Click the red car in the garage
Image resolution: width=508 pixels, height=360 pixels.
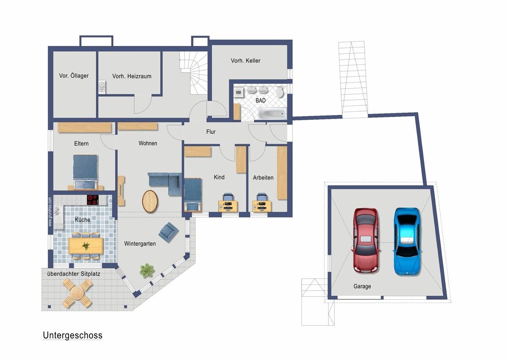pyautogui.click(x=366, y=240)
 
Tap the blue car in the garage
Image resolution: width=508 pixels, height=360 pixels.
pyautogui.click(x=407, y=241)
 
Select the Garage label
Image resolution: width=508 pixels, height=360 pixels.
pyautogui.click(x=362, y=286)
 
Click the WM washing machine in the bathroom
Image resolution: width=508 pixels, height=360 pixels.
pyautogui.click(x=239, y=93)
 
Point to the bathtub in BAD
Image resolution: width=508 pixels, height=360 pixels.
pyautogui.click(x=272, y=113)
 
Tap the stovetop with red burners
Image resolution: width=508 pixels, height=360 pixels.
pyautogui.click(x=93, y=200)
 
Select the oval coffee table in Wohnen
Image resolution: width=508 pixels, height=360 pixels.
pyautogui.click(x=150, y=201)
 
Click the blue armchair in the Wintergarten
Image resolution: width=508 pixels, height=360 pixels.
pyautogui.click(x=168, y=232)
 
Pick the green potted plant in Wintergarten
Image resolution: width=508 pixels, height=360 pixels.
pyautogui.click(x=147, y=270)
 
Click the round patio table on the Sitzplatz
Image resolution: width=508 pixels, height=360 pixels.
pyautogui.click(x=77, y=293)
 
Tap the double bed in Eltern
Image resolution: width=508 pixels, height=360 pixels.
pyautogui.click(x=85, y=172)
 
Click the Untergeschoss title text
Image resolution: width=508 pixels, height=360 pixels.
pyautogui.click(x=72, y=335)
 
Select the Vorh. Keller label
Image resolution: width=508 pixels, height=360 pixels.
pyautogui.click(x=246, y=61)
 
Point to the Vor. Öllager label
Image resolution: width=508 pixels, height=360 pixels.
pyautogui.click(x=74, y=75)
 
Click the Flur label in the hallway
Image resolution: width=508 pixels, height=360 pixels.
pyautogui.click(x=211, y=132)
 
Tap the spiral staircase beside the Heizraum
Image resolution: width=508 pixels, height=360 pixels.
pyautogui.click(x=194, y=72)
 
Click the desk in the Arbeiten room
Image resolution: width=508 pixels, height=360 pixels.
pyautogui.click(x=262, y=206)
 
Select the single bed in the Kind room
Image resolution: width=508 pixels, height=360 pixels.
pyautogui.click(x=193, y=195)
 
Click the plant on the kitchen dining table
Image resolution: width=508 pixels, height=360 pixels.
pyautogui.click(x=86, y=246)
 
